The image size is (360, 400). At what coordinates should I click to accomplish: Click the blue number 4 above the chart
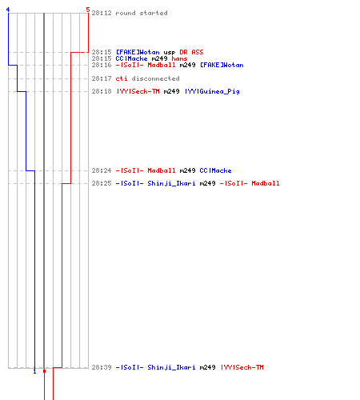tap(8, 10)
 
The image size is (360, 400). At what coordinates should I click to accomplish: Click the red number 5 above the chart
tap(88, 10)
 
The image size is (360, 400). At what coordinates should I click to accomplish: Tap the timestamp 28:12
tap(102, 13)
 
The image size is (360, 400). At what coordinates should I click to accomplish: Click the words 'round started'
tap(142, 13)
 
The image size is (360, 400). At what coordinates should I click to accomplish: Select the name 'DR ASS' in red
tap(191, 52)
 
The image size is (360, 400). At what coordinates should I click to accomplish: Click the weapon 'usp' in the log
tap(170, 53)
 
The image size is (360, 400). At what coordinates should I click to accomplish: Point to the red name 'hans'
tap(179, 58)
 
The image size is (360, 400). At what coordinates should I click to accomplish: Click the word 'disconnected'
tap(155, 78)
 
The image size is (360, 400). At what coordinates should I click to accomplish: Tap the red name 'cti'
tap(122, 78)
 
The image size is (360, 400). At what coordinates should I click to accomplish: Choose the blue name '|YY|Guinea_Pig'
tap(212, 91)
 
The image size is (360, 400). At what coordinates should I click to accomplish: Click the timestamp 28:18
tap(102, 91)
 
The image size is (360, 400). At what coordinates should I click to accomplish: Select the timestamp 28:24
tap(102, 170)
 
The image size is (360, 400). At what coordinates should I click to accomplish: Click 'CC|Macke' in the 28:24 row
tap(215, 170)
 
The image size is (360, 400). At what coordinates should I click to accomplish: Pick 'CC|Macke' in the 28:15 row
tap(131, 58)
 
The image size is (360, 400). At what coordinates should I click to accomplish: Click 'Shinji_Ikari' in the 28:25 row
tap(171, 183)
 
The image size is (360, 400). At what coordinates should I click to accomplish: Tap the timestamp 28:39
tap(102, 367)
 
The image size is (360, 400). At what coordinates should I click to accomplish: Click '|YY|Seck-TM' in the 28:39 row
tap(242, 367)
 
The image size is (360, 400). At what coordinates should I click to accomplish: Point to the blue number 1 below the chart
tap(34, 371)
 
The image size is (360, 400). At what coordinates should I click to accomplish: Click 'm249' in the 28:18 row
tap(171, 91)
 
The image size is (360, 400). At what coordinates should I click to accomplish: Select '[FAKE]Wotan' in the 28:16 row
tap(222, 65)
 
